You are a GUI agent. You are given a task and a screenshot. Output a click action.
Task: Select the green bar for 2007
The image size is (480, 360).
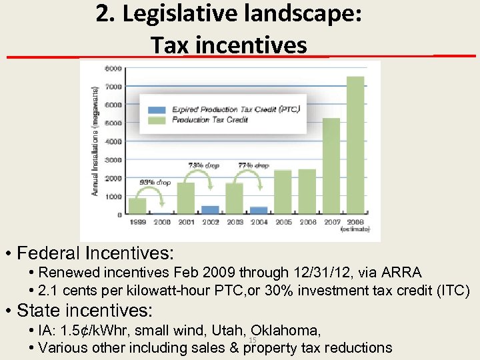coord(331,167)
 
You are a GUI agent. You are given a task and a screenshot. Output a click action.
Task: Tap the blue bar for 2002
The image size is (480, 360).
coord(210,210)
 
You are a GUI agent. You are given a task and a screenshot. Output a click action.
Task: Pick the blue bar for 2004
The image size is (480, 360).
coord(259,211)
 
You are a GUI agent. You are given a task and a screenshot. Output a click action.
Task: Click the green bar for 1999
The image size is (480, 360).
coord(137,207)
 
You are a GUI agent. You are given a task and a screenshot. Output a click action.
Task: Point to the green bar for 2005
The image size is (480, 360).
coord(283,192)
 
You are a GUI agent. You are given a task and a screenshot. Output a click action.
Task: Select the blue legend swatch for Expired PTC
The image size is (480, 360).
coord(158,110)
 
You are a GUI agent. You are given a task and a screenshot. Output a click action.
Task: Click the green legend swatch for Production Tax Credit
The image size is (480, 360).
coord(158,120)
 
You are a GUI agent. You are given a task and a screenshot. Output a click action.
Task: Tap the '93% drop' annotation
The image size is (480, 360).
coord(154,182)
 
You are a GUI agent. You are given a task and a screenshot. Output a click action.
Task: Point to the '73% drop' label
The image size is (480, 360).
coord(203,165)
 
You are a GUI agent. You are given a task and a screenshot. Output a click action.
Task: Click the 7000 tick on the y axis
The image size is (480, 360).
coord(113,87)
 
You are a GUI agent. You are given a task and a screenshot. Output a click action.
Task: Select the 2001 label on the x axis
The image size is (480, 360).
coord(186,222)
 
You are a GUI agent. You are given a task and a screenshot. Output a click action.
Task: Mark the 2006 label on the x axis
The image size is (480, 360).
coord(307,222)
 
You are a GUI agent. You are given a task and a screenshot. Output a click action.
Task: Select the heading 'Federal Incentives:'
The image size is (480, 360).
coord(95,253)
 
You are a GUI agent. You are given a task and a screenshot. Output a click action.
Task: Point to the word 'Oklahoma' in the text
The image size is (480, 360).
coord(287,331)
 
